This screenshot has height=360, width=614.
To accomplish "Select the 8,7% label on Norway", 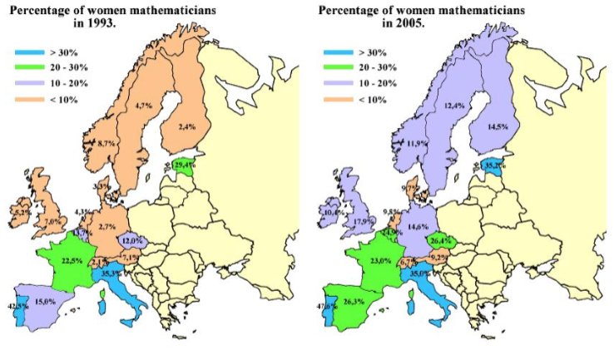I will point(106,144).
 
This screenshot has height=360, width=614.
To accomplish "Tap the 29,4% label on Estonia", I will point(186,165).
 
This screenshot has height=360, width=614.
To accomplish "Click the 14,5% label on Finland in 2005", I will point(496,127).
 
